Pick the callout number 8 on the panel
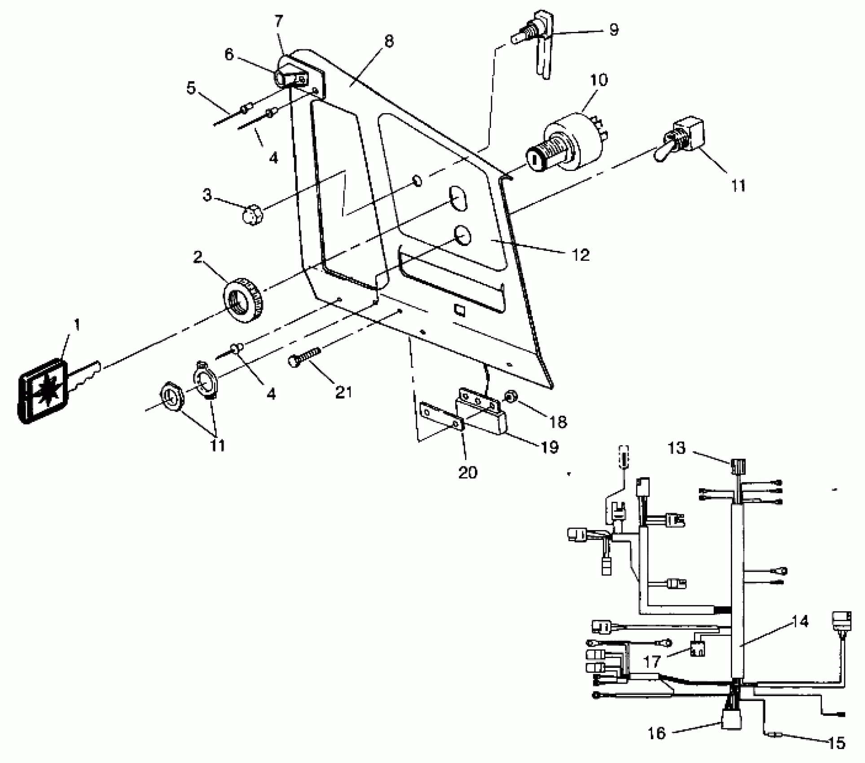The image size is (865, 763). tap(389, 41)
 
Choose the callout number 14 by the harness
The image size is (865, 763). tap(800, 622)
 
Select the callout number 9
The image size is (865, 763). tap(614, 30)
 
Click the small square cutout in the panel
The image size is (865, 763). tap(460, 309)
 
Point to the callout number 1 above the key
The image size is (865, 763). tap(77, 324)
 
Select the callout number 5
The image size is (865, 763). tap(192, 88)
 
